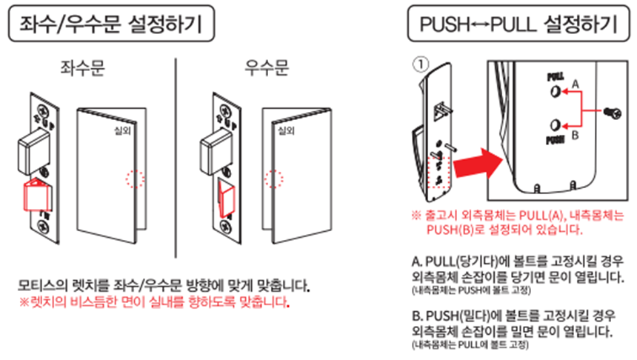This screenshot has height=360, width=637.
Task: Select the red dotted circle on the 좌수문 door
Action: point(135,179)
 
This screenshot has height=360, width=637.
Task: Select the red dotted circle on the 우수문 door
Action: point(276,179)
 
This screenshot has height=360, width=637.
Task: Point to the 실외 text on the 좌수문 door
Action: point(118,130)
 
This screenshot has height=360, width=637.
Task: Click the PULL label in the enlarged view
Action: point(556,77)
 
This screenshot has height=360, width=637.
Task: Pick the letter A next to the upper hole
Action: point(575,87)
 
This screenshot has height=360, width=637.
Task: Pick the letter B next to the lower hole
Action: point(575,136)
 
